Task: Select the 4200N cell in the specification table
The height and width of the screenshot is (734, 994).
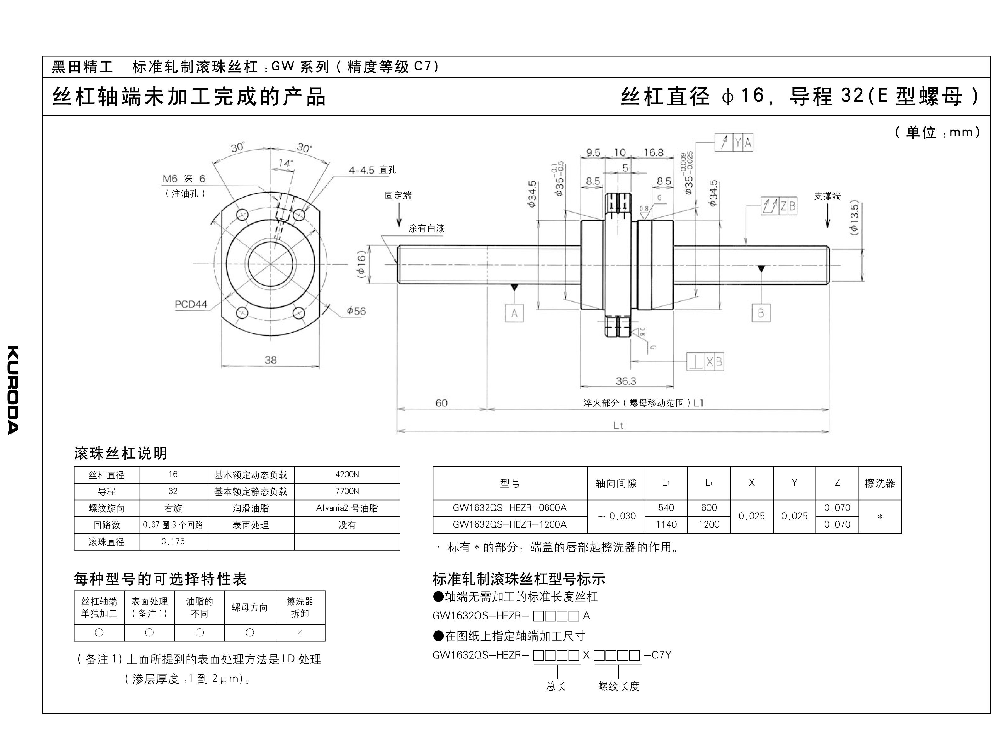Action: pos(347,474)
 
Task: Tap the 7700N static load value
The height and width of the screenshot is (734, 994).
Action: pos(347,491)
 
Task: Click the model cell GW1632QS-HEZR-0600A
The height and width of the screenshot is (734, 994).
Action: pos(509,508)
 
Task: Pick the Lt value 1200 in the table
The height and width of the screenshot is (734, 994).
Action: pos(709,525)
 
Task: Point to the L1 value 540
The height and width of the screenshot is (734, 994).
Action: pos(666,508)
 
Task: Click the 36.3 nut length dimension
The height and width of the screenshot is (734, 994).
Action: pos(626,381)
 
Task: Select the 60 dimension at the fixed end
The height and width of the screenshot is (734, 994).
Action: pos(441,403)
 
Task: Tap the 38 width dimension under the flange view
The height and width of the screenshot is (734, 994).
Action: pos(271,360)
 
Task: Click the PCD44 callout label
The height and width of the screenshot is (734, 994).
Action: pos(191,304)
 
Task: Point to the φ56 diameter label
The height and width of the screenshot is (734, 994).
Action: pos(356,311)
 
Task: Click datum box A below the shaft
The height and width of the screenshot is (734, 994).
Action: pos(514,313)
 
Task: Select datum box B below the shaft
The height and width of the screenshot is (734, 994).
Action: pos(761,313)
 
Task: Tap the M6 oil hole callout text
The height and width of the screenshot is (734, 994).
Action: pos(184,179)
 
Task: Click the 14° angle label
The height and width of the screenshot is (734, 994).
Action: pos(285,164)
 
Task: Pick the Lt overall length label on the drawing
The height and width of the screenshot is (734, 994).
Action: pos(618,426)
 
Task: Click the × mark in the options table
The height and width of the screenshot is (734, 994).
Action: pos(300,632)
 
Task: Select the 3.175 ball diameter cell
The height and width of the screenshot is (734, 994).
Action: pos(173,542)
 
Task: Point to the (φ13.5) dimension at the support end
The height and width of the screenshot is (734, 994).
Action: pos(854,218)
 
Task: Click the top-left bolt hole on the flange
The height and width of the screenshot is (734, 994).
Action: pos(242,215)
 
